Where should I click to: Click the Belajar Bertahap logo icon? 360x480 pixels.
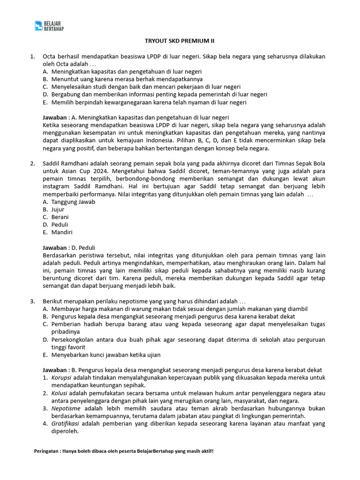(x=39, y=26)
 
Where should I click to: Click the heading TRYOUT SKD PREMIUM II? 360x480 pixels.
(x=180, y=41)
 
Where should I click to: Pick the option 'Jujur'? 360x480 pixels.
(x=58, y=210)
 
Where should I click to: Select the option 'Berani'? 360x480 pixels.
(x=60, y=217)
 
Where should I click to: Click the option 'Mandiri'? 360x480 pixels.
(x=62, y=232)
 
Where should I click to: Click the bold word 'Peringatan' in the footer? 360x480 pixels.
(x=49, y=451)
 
